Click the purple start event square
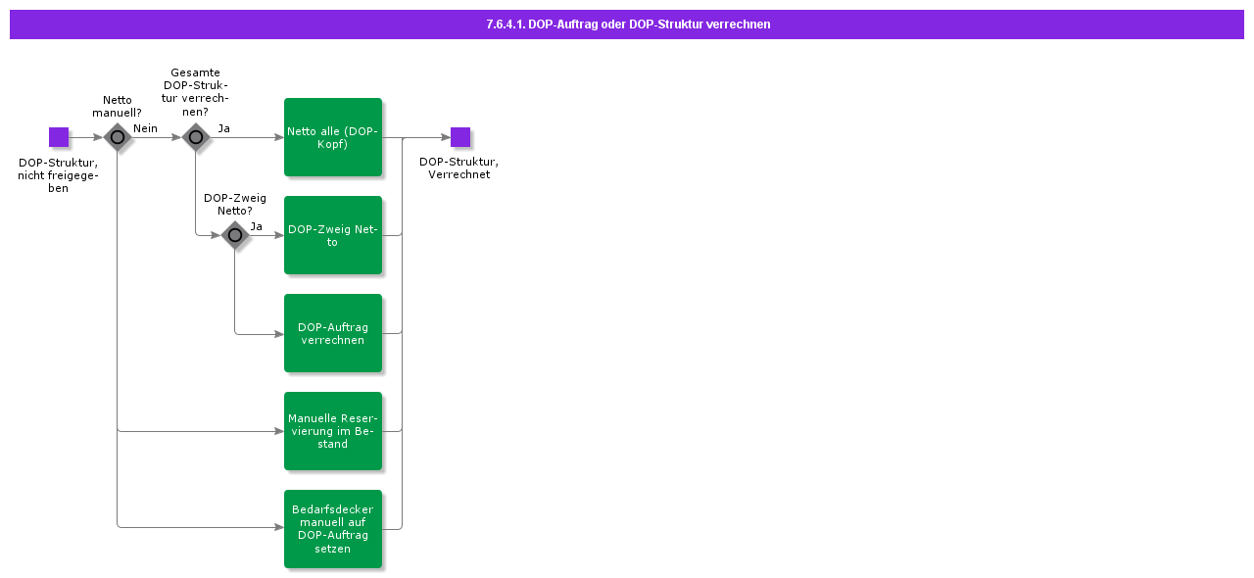coord(59,137)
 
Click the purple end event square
coord(460,137)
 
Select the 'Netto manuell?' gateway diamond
coord(118,137)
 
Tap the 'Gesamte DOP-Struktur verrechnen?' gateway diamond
coord(196,137)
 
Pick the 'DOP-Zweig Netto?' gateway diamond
coord(235,235)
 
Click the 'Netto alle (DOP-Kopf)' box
coord(333,137)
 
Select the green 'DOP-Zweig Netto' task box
coord(333,235)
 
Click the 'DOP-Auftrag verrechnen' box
coord(333,333)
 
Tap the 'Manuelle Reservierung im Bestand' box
coord(333,431)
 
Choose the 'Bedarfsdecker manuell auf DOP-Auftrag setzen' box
coord(333,529)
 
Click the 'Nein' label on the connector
coord(145,128)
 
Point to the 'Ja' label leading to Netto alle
coord(223,128)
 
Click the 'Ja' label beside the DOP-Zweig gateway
coord(256,226)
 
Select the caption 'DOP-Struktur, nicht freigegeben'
coord(58,175)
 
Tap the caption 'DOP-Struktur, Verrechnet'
coord(458,169)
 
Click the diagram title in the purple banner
coord(627,24)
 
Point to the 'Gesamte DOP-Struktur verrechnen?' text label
coord(195,92)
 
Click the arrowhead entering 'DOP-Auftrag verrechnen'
coord(278,333)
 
